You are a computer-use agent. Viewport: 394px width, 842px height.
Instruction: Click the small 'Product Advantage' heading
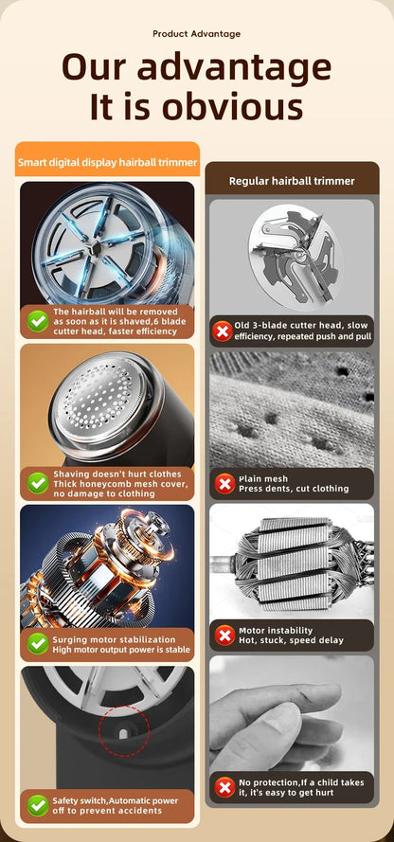click(196, 34)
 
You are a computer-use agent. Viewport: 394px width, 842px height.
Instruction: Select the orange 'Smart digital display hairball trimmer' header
click(107, 162)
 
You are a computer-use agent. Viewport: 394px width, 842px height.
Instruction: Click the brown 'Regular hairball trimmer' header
click(292, 181)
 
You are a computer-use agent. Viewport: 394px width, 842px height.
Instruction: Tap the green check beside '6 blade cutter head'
click(38, 321)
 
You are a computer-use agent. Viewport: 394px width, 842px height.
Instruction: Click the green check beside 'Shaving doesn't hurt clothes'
click(38, 483)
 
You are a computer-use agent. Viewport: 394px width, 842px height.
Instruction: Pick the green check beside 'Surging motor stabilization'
click(38, 644)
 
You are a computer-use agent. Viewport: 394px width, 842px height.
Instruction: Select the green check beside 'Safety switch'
click(38, 805)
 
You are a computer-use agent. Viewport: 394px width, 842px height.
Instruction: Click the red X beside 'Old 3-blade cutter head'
click(223, 331)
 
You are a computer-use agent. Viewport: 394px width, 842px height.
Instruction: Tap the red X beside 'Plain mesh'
click(224, 483)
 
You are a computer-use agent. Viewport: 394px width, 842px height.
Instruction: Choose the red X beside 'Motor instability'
click(224, 636)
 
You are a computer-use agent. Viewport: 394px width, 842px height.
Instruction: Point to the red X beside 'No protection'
click(224, 787)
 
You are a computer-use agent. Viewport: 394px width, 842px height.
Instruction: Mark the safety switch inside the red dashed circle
click(124, 731)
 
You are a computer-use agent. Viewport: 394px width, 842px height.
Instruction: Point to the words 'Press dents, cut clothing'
click(294, 489)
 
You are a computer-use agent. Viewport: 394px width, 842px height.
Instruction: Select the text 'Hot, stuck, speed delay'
click(291, 640)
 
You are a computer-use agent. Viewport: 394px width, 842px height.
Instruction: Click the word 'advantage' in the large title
click(234, 66)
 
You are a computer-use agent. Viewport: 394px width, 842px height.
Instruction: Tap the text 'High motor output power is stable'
click(121, 650)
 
